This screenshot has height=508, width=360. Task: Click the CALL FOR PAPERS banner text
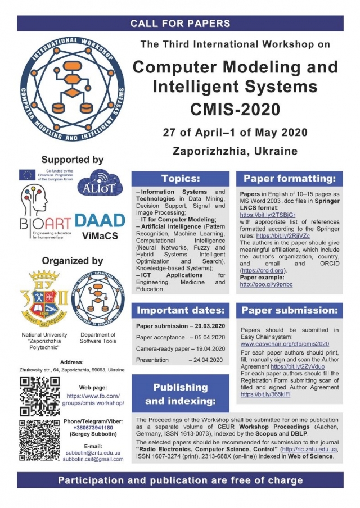click(180, 24)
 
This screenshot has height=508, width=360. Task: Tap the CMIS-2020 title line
click(236, 107)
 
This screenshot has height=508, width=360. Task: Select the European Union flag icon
click(28, 175)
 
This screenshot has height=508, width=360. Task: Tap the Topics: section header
click(181, 179)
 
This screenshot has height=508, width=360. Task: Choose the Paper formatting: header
click(290, 179)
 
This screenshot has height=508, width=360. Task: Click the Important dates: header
click(181, 310)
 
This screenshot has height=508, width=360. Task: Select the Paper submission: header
click(290, 310)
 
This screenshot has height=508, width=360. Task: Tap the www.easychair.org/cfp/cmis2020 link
click(285, 343)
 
